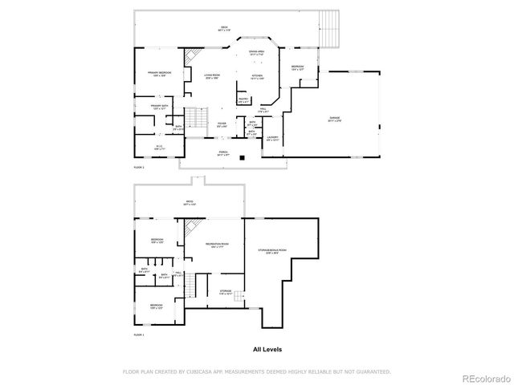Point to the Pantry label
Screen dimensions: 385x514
(243, 101)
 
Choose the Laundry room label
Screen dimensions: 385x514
(273, 138)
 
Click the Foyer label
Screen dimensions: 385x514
(222, 124)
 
